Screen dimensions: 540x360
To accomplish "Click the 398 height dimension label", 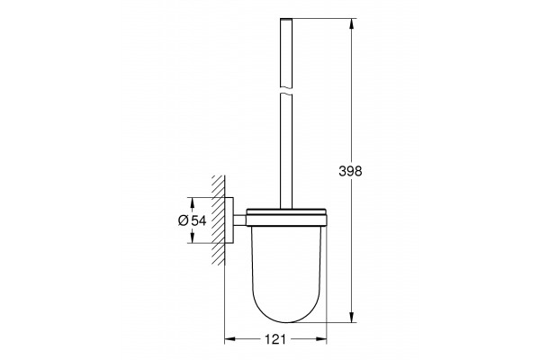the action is pyautogui.click(x=350, y=171).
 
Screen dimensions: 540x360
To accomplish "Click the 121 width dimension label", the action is pyautogui.click(x=275, y=339).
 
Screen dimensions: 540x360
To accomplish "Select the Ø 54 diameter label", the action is pyautogui.click(x=193, y=220).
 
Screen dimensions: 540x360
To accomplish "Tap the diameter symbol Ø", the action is pyautogui.click(x=184, y=220).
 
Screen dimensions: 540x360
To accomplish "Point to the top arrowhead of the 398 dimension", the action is pyautogui.click(x=352, y=23).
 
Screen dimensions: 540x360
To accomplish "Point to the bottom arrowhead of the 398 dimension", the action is pyautogui.click(x=352, y=318).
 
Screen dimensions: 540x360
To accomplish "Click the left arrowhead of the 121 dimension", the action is pyautogui.click(x=229, y=339).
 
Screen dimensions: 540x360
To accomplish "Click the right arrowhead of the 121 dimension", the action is pyautogui.click(x=321, y=339).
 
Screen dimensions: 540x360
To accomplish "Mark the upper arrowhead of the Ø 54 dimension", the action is pyautogui.click(x=193, y=202).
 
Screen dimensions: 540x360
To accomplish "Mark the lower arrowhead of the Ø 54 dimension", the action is pyautogui.click(x=193, y=238).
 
